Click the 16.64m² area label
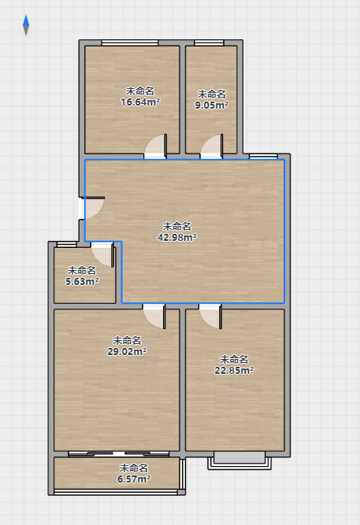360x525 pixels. pos(140,102)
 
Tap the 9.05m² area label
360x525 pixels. pos(211,105)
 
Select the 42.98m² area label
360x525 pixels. pos(177,238)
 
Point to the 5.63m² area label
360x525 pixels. pos(82,281)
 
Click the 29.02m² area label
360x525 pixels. pos(127,351)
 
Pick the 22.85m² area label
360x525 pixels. pos(234,370)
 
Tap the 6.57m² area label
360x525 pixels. pos(134,479)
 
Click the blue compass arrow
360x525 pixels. pos(26,25)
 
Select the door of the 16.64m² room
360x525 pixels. pos(155,146)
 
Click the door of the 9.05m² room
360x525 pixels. pos(211,146)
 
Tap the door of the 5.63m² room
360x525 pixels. pos(102,254)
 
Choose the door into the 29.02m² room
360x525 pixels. pos(154,316)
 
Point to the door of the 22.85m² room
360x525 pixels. pos(210,316)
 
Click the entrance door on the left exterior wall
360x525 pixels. pos(91,209)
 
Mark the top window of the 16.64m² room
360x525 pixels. pos(130,43)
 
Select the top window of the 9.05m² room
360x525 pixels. pos(209,43)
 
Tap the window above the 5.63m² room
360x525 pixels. pos(67,245)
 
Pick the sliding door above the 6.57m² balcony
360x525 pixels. pos(119,454)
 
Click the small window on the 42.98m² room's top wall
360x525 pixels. pos(263,157)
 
